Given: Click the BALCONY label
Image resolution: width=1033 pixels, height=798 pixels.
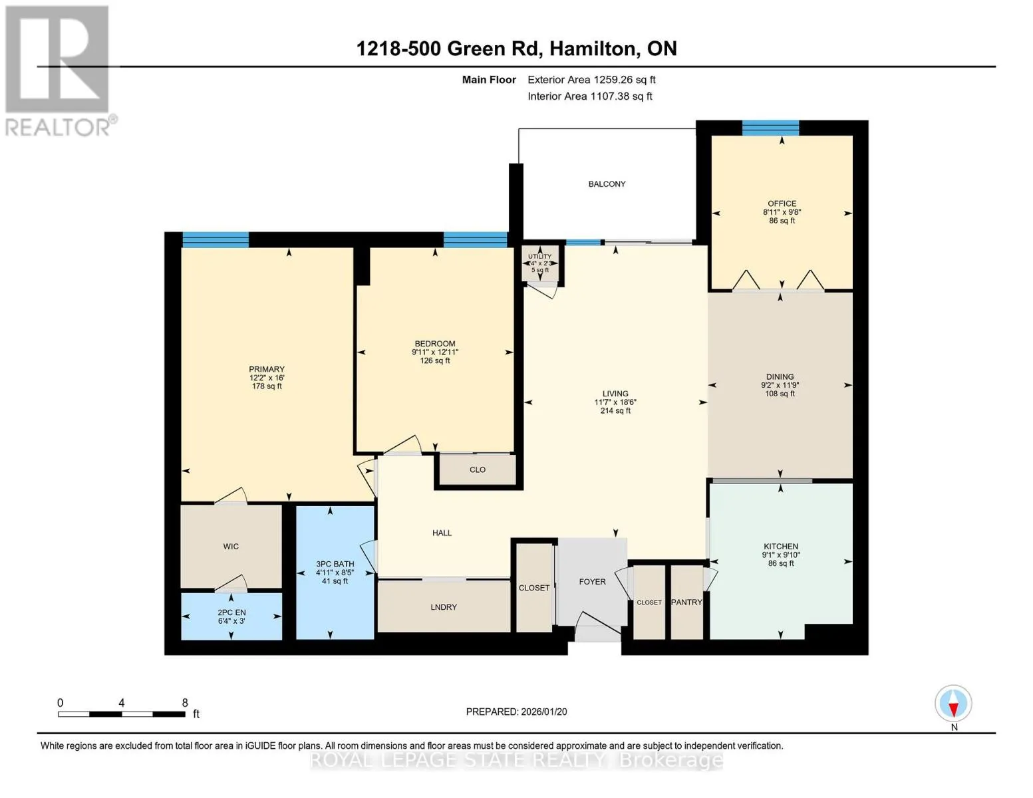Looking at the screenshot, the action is [607, 184].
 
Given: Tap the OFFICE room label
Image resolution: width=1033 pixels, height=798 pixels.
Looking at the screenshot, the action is [782, 203].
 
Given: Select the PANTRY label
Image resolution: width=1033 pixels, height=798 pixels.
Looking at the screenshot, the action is [686, 602].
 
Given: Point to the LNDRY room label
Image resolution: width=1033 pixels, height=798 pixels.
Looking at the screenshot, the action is [444, 607].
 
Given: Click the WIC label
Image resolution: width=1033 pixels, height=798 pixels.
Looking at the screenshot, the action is [231, 547].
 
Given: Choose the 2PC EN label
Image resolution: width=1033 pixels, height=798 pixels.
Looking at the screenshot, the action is [231, 612].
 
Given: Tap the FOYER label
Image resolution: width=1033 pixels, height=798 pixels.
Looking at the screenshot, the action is [592, 582].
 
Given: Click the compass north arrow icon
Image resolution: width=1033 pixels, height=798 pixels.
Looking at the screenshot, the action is [953, 704].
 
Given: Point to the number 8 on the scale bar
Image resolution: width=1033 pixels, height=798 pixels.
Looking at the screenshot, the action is [185, 702].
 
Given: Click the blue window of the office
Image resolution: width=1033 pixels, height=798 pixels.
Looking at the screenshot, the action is [770, 128].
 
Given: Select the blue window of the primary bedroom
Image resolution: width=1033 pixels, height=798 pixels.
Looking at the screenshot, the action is [216, 239].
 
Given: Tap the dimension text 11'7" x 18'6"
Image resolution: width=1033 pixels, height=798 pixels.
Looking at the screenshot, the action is [615, 402].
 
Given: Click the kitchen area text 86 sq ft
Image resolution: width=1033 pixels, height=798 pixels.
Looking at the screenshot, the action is [781, 563].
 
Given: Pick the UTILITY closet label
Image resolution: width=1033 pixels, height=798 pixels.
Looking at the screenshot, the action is [540, 256].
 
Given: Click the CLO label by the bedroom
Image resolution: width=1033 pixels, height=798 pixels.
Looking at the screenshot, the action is [478, 469].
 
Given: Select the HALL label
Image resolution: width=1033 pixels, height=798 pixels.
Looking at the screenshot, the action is [442, 533].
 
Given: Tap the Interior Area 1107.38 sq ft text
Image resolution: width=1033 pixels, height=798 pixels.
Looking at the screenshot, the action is [590, 96].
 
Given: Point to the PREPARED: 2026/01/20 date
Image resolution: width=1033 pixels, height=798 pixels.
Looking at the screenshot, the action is [516, 712].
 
